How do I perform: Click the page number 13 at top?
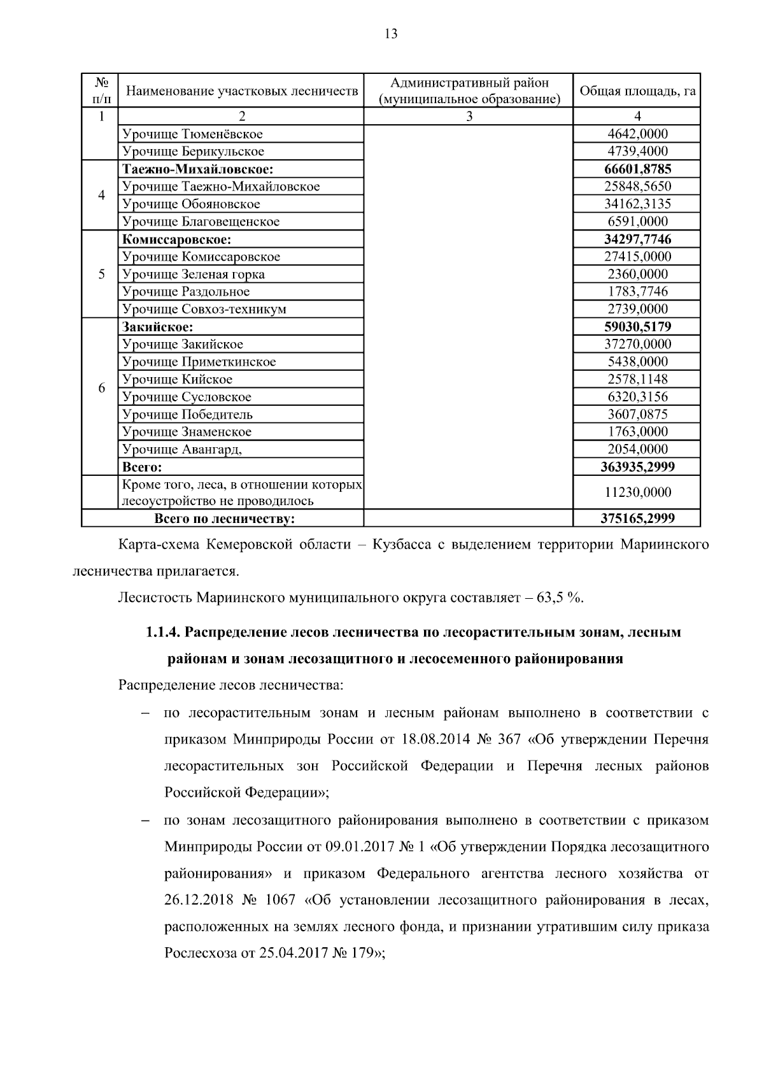[391, 34]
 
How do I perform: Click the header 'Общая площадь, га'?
[637, 90]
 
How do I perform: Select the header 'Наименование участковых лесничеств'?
[241, 90]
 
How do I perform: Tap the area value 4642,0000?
[637, 134]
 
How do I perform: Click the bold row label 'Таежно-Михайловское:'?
[198, 169]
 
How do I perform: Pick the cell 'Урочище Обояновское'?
[191, 204]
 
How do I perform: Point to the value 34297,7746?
[637, 239]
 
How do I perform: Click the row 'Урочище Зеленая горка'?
[194, 274]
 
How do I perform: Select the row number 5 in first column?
[101, 274]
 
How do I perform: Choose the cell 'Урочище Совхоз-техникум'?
[204, 309]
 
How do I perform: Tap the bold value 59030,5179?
[637, 327]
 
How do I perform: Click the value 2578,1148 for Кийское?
[637, 379]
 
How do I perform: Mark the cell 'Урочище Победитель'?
[188, 414]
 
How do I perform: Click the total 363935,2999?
[637, 467]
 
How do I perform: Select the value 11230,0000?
[637, 492]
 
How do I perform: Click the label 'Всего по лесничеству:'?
[224, 519]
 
